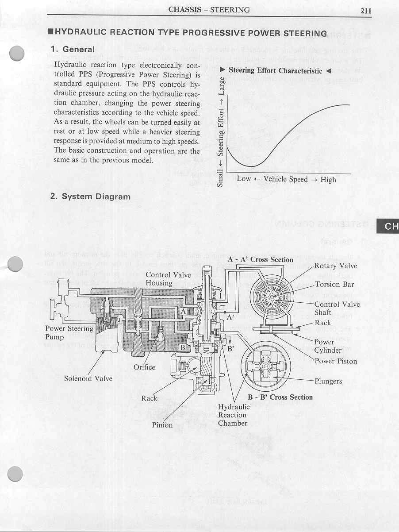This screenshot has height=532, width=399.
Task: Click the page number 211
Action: pos(365,11)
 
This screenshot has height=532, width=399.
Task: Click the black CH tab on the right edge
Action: pos(389,227)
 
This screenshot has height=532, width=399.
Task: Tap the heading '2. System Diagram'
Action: pos(90,196)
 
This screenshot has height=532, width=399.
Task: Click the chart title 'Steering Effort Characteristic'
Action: pos(275,70)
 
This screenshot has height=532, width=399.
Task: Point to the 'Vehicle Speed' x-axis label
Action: pos(286,179)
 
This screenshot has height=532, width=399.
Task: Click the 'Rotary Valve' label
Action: pos(335,266)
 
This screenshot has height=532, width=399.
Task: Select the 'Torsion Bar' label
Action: pos(334,285)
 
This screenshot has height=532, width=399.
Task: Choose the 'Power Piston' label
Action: pos(335,361)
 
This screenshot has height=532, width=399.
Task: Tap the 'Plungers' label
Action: pos(328,381)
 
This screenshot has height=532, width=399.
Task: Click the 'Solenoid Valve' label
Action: pos(88,378)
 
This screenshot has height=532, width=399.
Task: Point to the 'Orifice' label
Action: pos(144,367)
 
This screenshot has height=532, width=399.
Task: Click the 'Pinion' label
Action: pos(162,425)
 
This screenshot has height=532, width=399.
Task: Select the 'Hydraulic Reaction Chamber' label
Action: pos(233,415)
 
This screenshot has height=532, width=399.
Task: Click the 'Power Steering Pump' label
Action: pos(69,332)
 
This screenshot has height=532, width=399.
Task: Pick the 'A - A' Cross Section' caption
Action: pos(261,259)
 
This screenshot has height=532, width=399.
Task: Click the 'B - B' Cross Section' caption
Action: pos(280,397)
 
